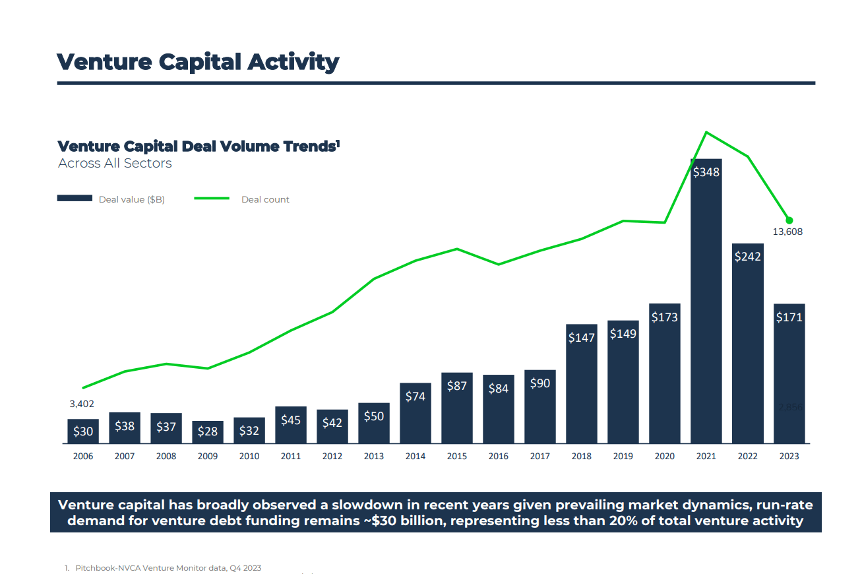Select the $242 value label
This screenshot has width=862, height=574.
point(747,257)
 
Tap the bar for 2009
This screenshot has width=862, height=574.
point(208,432)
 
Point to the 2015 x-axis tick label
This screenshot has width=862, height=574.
point(457,457)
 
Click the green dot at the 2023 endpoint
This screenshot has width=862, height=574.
point(789,220)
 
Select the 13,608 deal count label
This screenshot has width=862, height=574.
point(787,232)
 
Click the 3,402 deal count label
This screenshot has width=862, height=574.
point(82,404)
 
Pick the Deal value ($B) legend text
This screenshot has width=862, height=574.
point(132,199)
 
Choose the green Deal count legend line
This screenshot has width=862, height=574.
point(212,199)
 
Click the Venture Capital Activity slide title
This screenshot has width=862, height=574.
point(198,62)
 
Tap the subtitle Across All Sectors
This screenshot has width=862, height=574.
point(115,164)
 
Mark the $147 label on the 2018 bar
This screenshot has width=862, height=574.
point(581,338)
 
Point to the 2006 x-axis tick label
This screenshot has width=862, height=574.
point(83,457)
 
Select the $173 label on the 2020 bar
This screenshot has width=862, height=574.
point(664,317)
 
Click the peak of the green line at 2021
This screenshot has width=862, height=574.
point(706,132)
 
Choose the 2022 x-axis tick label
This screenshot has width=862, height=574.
point(747,457)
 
